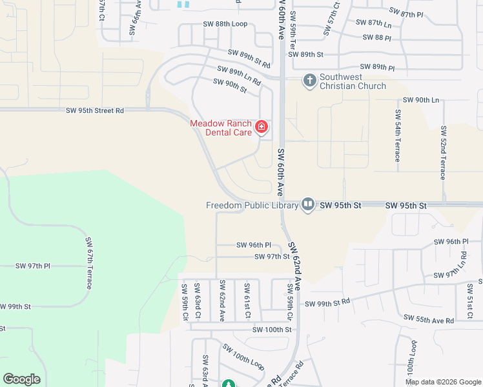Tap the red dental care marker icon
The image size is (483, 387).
pos(262,126)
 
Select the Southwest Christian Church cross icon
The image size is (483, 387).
pos(309,81)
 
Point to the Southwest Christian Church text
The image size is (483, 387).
pos(353,81)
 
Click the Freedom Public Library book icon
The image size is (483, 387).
pos(307,205)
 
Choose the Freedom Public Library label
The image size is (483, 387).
pos(252,206)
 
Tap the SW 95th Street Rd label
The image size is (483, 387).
pos(95,111)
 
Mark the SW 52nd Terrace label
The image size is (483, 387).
pos(443,153)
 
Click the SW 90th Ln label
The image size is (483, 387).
pos(420,100)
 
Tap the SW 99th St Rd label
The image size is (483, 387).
pos(327,303)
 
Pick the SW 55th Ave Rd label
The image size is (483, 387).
pos(429,319)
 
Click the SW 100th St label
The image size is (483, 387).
pos(272,330)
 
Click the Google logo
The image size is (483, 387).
pos(21,379)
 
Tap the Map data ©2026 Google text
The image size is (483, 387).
pos(442,382)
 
